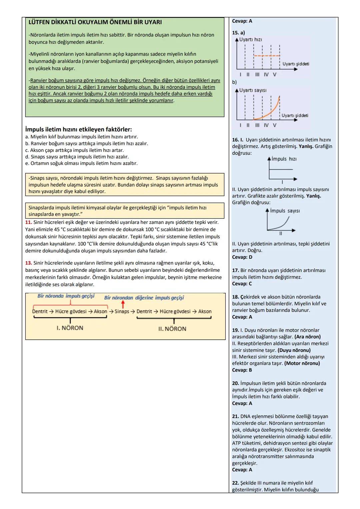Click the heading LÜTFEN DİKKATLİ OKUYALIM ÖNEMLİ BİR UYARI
95,22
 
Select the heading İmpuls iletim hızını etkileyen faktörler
78,129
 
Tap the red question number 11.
28,222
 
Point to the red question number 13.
28,263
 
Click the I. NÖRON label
70,328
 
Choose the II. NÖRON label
172,329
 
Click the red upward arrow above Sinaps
123,304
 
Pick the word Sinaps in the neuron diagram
122,311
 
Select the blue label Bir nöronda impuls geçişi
66,296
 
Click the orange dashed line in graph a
267,56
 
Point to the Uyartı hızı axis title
250,39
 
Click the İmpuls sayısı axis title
285,211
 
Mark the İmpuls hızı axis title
284,159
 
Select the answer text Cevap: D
242,257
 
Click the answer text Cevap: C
242,284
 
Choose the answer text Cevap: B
242,370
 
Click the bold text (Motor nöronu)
302,363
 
